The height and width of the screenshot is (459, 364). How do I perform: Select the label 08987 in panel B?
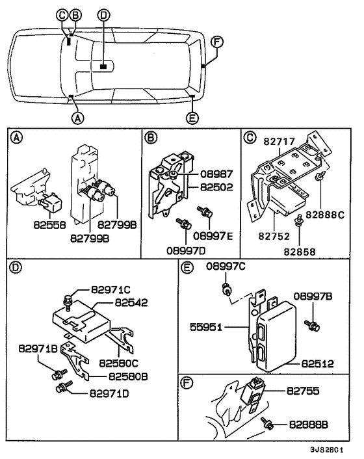click(199, 174)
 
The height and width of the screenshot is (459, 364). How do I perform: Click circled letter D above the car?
click(104, 14)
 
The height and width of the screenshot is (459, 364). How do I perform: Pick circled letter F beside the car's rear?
click(218, 42)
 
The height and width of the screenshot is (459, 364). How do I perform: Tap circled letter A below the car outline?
click(77, 118)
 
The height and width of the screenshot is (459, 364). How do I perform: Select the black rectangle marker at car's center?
click(103, 66)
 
